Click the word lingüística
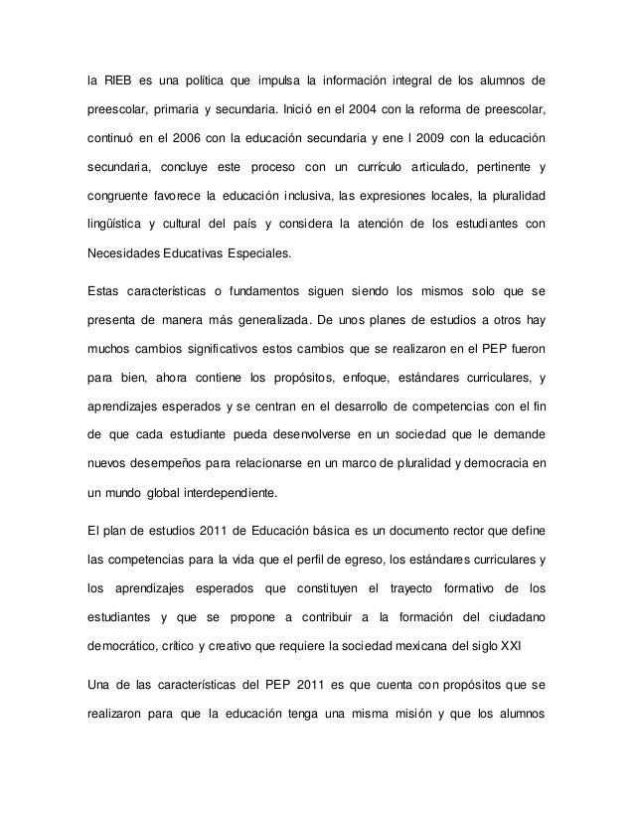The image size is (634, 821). click(x=120, y=224)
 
